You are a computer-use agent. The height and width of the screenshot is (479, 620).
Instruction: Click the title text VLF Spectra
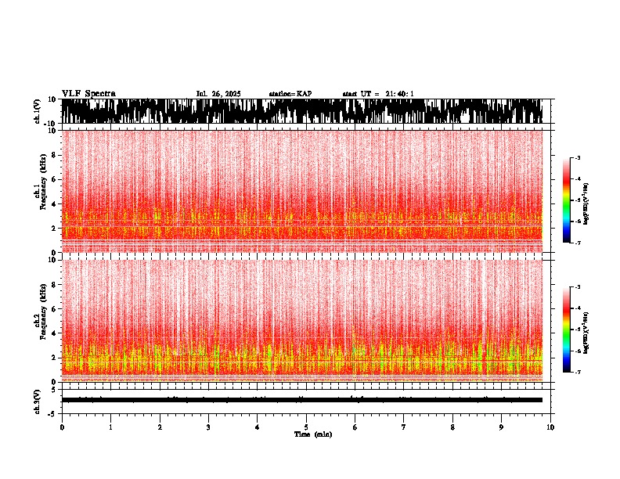(x=88, y=94)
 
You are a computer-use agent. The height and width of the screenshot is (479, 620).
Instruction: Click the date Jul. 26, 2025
(x=218, y=94)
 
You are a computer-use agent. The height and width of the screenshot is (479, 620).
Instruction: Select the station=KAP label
(x=290, y=94)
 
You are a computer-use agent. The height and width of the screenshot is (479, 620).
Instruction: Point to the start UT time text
(x=378, y=94)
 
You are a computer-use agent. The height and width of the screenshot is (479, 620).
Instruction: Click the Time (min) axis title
(x=312, y=434)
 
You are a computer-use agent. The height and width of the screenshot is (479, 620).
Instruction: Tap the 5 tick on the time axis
(x=306, y=427)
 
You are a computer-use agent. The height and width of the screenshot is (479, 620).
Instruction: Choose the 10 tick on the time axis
(x=550, y=427)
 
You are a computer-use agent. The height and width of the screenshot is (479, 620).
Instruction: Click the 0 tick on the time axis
(x=62, y=427)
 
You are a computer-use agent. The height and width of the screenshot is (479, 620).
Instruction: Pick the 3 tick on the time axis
(x=208, y=427)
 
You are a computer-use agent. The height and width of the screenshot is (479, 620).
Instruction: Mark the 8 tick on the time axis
(x=452, y=427)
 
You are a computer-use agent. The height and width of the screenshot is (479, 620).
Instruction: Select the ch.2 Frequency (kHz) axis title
(x=38, y=319)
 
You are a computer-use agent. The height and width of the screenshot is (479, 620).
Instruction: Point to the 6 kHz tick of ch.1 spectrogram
(x=53, y=179)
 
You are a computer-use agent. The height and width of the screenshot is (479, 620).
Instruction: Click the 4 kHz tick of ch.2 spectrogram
(x=53, y=333)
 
